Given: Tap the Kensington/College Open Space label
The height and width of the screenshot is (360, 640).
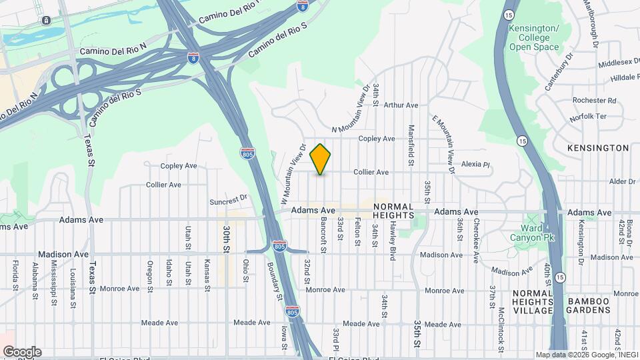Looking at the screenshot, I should [x=533, y=37].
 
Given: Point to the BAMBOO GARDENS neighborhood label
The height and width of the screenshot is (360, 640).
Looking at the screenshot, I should [x=589, y=306].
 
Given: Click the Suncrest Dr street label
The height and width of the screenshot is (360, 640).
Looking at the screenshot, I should [x=229, y=198].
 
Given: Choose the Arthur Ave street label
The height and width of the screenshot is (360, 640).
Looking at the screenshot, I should [x=401, y=105].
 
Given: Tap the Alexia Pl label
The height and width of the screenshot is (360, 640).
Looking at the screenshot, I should [x=475, y=164].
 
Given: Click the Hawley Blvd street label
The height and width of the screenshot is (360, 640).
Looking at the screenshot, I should [x=393, y=237].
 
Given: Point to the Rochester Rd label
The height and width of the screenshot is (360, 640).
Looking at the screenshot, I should [x=594, y=101].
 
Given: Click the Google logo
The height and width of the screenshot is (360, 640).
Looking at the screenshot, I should [x=22, y=351].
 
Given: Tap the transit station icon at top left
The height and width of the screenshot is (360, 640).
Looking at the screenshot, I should [x=47, y=21].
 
